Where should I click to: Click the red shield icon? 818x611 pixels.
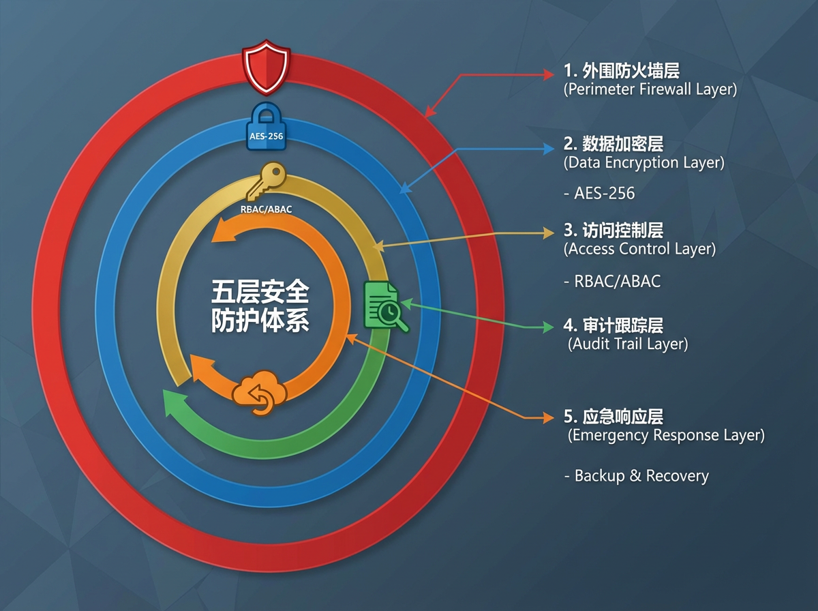[x=266, y=67]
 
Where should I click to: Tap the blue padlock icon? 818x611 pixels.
[x=266, y=127]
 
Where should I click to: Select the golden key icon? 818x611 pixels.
[x=266, y=181]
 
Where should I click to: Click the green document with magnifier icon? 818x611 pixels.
[x=386, y=306]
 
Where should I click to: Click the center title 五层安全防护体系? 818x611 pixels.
[x=260, y=306]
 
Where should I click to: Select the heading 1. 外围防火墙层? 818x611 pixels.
[x=621, y=71]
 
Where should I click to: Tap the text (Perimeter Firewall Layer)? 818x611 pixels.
[x=650, y=89]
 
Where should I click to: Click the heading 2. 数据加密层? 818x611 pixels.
[x=613, y=144]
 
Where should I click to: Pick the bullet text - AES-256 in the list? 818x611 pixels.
[x=599, y=193]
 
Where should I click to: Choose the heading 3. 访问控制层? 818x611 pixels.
[x=613, y=230]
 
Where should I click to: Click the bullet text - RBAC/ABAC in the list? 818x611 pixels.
[x=612, y=282]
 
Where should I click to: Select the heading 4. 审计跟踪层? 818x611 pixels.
[x=613, y=325]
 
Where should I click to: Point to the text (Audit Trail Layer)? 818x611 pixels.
[x=628, y=344]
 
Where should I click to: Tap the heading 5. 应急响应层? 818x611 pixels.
[x=613, y=417]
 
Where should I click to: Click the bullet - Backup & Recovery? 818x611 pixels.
[x=637, y=476]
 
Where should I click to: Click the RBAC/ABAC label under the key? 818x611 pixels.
[x=266, y=209]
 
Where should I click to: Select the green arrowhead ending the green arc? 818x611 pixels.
[x=175, y=404]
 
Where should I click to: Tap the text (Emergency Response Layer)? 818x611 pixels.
[x=666, y=435]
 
